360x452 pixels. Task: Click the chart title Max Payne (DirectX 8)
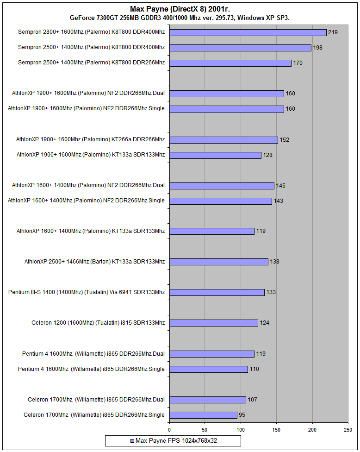click(x=180, y=9)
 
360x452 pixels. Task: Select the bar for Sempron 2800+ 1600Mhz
click(x=248, y=32)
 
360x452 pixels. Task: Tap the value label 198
click(x=317, y=48)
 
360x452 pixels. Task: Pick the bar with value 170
click(x=230, y=63)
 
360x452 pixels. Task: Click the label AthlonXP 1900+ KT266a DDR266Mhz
click(x=90, y=139)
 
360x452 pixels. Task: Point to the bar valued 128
click(x=215, y=155)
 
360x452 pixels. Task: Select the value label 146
click(x=280, y=186)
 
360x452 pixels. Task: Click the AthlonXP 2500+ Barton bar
click(x=218, y=262)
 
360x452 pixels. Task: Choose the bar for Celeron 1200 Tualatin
click(x=213, y=323)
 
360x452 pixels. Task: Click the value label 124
click(x=264, y=323)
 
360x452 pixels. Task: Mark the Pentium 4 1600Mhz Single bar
click(x=208, y=369)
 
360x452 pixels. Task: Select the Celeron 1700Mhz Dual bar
click(x=207, y=400)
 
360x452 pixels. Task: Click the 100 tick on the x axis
click(x=241, y=430)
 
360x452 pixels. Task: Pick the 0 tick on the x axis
click(x=169, y=430)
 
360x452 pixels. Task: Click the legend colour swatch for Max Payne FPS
click(x=132, y=441)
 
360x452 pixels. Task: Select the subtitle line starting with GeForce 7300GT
click(x=180, y=18)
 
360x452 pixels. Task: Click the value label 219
click(x=332, y=32)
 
